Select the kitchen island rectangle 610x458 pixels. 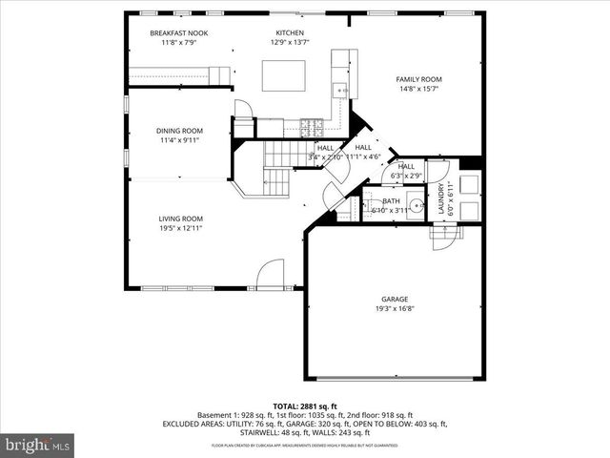[284, 75]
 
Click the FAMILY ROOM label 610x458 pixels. [418, 80]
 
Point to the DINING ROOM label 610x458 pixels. [179, 131]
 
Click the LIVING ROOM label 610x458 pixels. [179, 219]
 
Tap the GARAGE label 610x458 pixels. [394, 299]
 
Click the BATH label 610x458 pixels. [391, 201]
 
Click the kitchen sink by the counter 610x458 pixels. [339, 91]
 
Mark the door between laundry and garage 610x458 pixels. [445, 239]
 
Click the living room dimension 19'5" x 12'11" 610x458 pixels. [179, 228]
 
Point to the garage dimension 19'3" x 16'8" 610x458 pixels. [394, 308]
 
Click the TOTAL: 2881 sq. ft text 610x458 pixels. [304, 406]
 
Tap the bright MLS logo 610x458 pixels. [38, 444]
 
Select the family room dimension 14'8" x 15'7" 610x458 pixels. [418, 90]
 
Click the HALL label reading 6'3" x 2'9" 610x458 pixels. [406, 166]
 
